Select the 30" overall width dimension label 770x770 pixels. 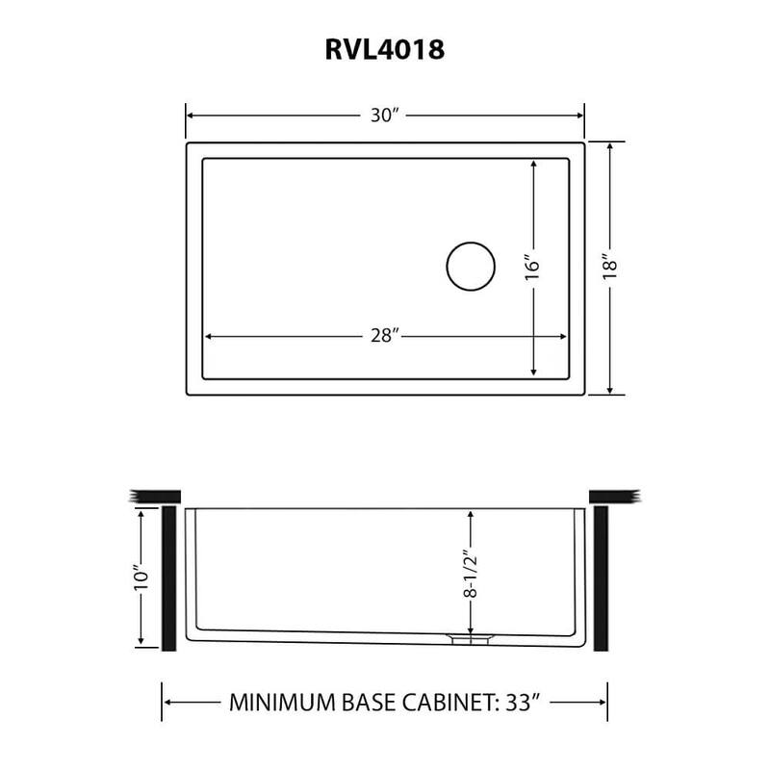click(x=385, y=115)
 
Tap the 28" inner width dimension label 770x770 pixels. click(x=385, y=336)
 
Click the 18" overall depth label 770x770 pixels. click(x=608, y=267)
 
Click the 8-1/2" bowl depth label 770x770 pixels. click(x=470, y=576)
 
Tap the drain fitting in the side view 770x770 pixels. click(x=471, y=637)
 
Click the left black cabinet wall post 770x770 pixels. click(x=167, y=577)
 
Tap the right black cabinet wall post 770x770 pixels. click(x=603, y=577)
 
